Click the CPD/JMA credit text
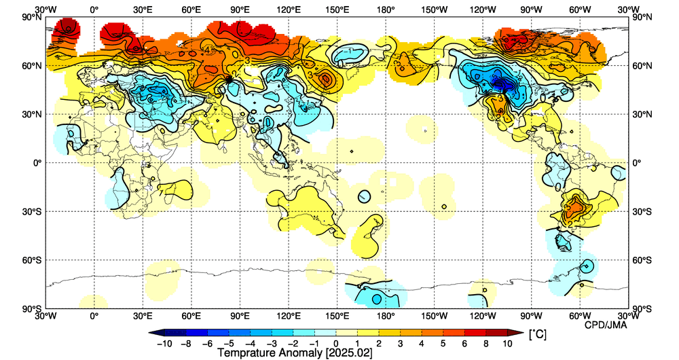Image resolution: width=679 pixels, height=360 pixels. (606, 325)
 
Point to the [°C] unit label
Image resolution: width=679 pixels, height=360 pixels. (536, 335)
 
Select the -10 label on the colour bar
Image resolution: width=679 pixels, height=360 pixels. (164, 344)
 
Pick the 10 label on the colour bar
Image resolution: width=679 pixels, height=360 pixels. (509, 344)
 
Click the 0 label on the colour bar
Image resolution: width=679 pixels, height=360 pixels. (336, 344)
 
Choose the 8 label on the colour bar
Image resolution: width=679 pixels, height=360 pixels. (487, 344)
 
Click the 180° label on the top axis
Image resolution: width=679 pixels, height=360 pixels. (386, 10)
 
